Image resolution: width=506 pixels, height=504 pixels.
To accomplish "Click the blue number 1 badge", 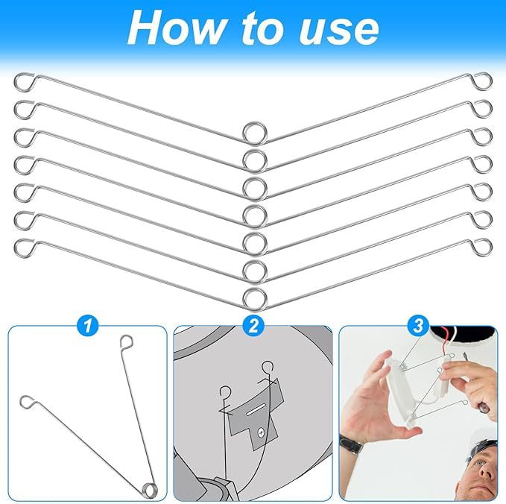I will point(87,325).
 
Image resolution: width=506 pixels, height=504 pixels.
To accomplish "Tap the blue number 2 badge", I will point(253,325).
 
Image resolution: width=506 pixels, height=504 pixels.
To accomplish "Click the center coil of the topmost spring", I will point(254,133).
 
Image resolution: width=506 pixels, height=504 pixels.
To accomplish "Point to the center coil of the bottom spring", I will point(254,296).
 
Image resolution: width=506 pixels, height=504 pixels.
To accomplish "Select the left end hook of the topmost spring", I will point(24,80).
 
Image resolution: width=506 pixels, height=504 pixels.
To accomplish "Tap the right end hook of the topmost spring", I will point(483,80).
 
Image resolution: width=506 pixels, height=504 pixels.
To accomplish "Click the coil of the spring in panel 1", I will point(150,488).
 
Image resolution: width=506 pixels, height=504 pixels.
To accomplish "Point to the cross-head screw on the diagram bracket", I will point(260,432).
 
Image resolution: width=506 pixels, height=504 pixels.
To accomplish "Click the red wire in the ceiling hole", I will point(449,350).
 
